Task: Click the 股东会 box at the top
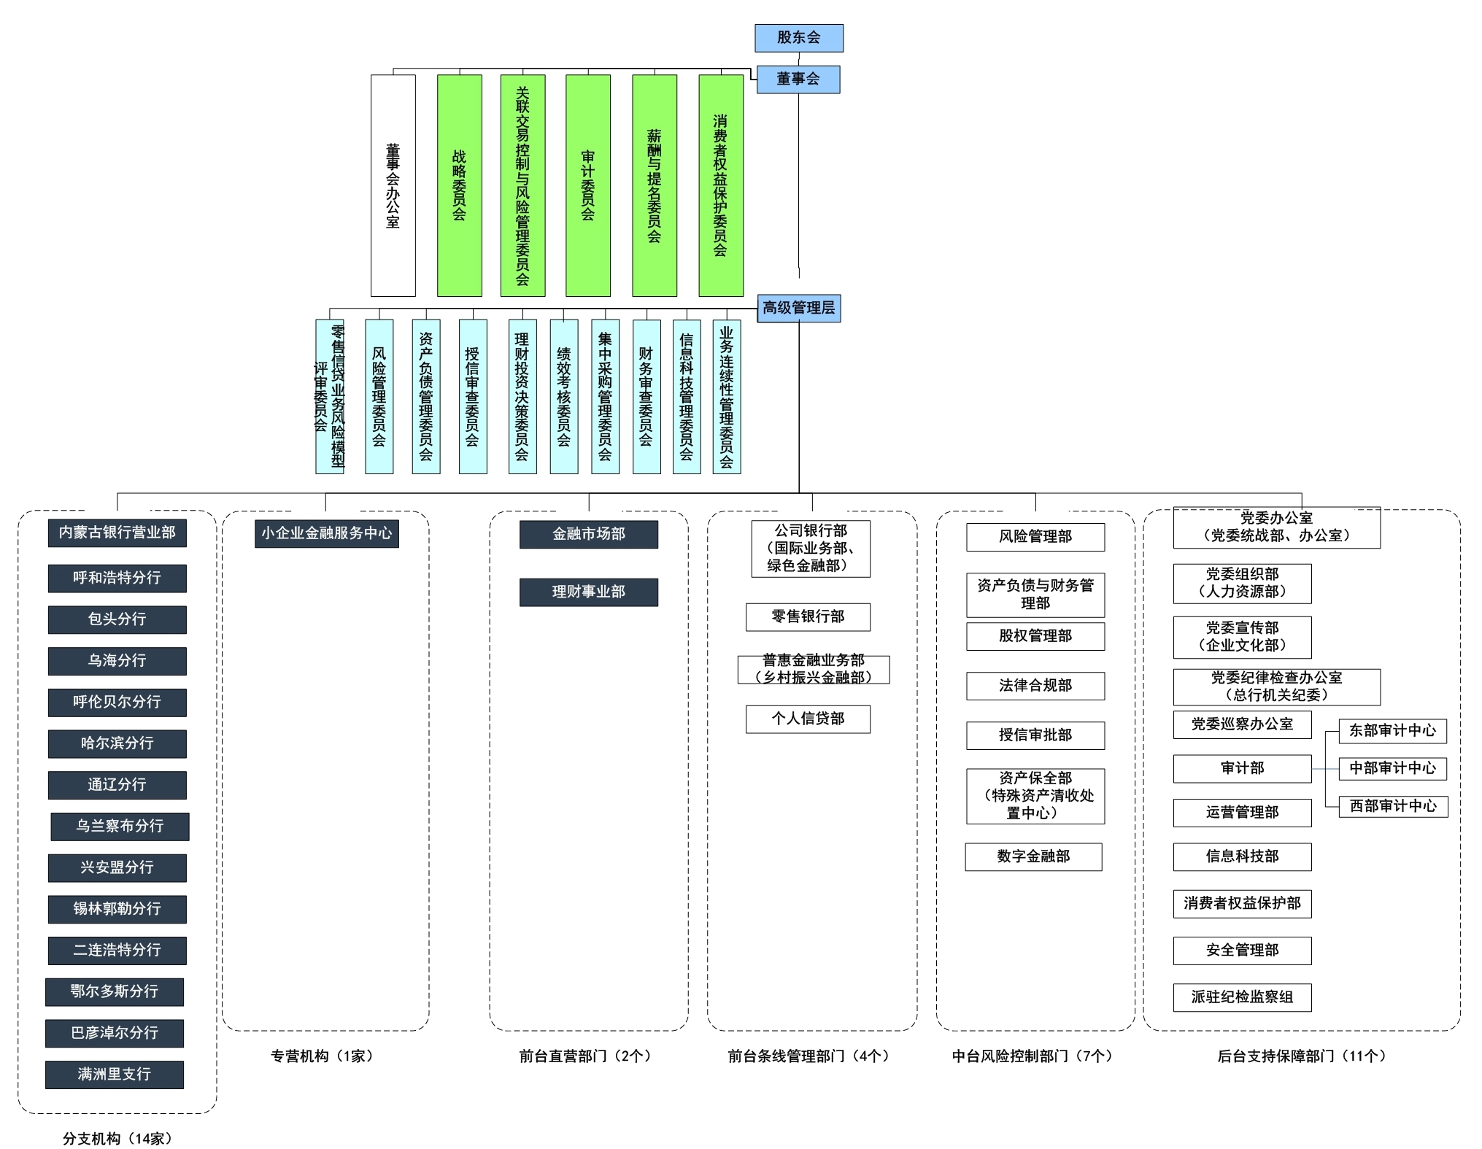[798, 38]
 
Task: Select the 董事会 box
[798, 80]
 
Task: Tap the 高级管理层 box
[798, 308]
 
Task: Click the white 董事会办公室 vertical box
[393, 185]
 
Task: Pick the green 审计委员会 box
[587, 185]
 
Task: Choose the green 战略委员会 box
[459, 185]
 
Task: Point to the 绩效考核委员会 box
[563, 396]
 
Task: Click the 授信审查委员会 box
[472, 396]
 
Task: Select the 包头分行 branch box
[117, 619]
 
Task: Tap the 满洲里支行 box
[114, 1075]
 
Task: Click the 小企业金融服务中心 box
[326, 533]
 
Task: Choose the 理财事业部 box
[588, 592]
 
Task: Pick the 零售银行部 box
[807, 616]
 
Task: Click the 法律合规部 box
[1035, 686]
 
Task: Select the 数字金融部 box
[1033, 856]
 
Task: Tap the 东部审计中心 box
[1392, 730]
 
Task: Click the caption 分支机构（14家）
[117, 1139]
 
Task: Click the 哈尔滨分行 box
[117, 743]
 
